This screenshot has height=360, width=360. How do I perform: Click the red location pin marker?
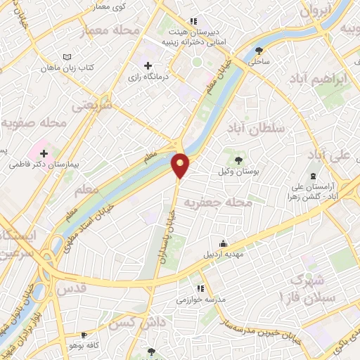pos(181,165)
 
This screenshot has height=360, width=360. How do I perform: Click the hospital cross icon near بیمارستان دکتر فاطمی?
pos(44,153)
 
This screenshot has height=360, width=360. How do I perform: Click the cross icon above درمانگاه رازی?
pos(147,65)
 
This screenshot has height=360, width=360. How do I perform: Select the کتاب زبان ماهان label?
pos(67,67)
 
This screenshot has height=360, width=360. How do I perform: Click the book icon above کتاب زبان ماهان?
pos(67,57)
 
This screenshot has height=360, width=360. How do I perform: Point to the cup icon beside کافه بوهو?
pos(84,335)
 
